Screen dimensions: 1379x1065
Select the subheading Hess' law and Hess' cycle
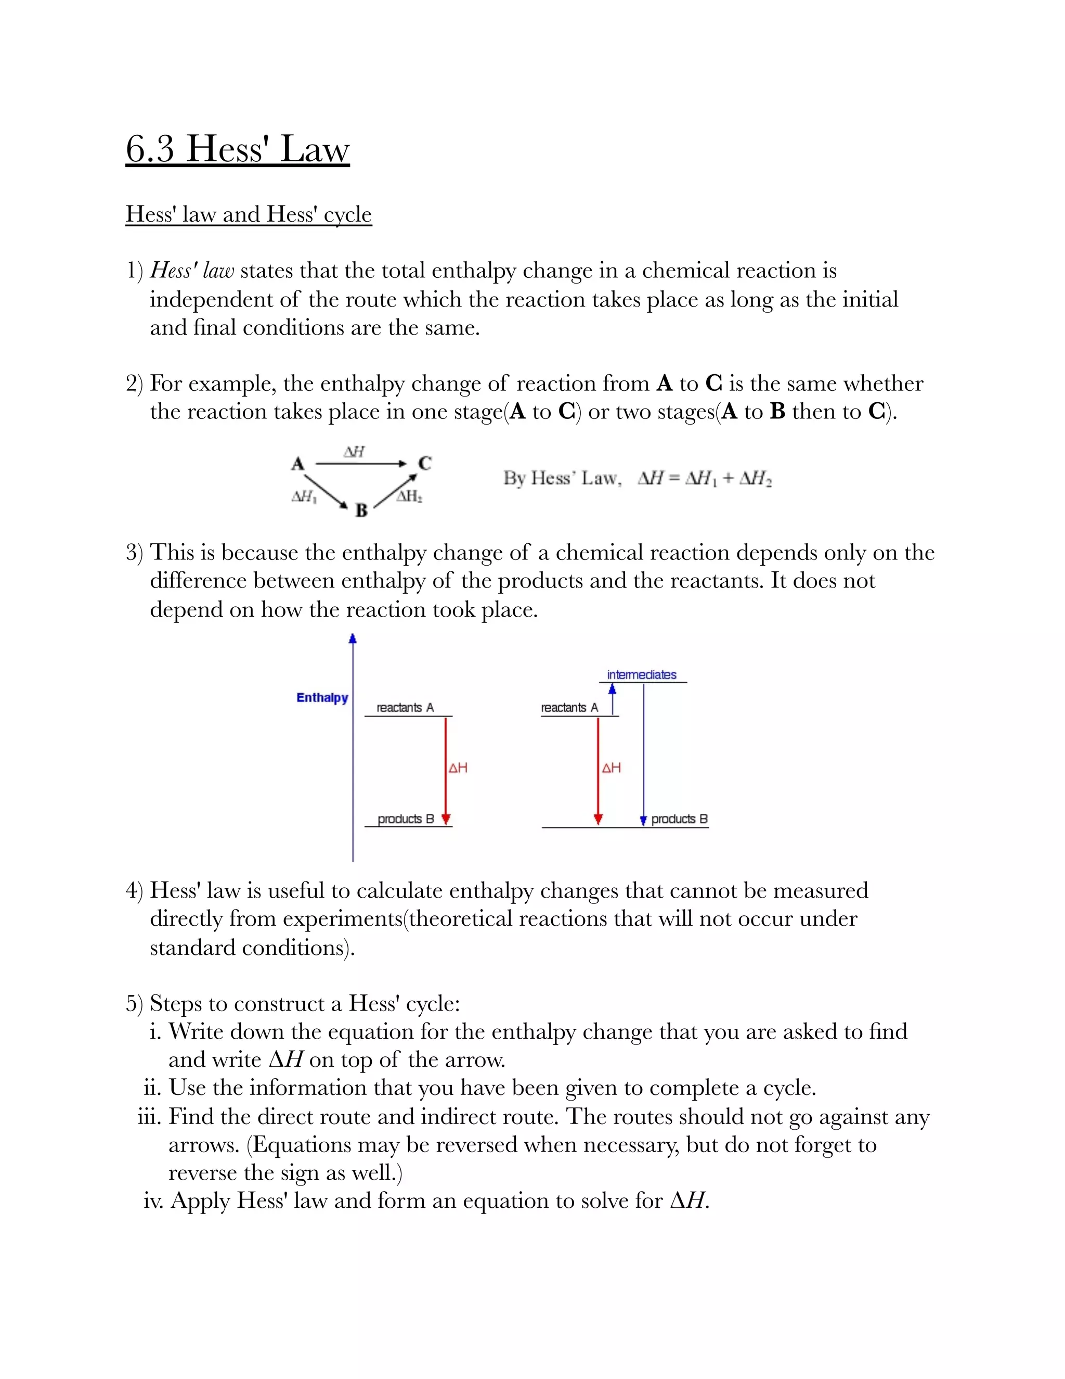249,214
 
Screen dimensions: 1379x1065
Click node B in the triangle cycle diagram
361,510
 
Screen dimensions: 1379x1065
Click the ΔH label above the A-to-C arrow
354,452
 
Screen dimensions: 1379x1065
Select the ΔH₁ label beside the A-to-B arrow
304,497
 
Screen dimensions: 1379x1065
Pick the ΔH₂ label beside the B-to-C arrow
409,496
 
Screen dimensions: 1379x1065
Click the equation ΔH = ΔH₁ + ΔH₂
704,479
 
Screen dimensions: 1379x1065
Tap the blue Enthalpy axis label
322,698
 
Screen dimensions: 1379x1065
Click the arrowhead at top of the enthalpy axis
353,639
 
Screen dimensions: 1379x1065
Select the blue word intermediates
641,675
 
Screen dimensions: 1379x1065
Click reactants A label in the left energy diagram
405,708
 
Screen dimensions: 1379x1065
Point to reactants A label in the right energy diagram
569,708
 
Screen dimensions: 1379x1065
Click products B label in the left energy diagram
406,819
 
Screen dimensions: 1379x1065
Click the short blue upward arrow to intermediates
612,698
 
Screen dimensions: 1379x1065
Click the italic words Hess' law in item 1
192,271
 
